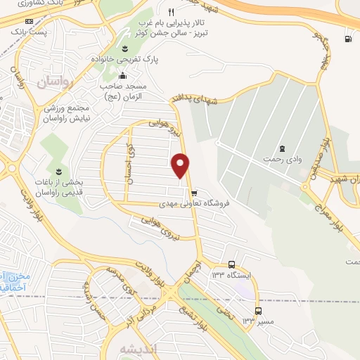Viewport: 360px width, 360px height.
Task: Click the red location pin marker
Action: (181, 165)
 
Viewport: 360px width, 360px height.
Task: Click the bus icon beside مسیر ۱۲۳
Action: (258, 311)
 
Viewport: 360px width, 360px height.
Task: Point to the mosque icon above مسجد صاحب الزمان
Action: (123, 76)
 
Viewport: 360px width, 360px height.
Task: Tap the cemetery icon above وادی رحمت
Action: (282, 148)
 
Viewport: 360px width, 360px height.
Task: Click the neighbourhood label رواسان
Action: (53, 82)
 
